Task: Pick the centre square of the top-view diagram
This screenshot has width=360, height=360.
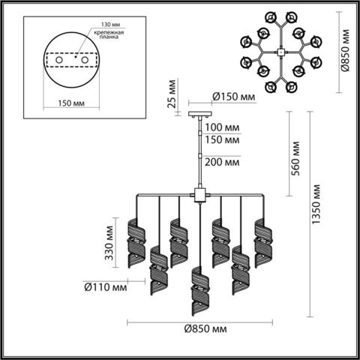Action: [x=279, y=52]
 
